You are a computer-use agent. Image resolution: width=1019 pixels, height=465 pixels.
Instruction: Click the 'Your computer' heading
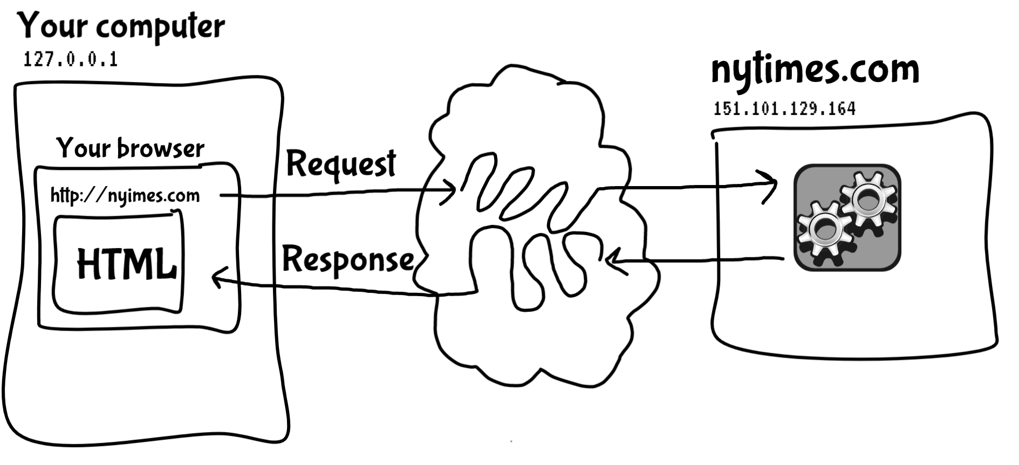[121, 26]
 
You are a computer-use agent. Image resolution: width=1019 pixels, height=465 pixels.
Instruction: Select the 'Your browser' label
[131, 148]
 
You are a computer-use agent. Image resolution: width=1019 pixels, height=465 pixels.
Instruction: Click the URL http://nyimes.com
[125, 195]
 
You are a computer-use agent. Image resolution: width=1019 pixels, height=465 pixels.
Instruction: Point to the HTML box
[119, 264]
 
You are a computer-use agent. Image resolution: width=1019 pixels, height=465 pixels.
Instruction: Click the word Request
[341, 163]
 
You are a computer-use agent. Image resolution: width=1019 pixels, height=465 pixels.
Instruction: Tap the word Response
[348, 259]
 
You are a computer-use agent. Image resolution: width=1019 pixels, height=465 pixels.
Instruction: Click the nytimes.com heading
[815, 70]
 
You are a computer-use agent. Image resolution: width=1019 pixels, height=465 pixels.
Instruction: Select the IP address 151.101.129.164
[784, 108]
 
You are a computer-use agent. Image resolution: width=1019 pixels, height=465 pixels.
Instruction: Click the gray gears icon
[847, 217]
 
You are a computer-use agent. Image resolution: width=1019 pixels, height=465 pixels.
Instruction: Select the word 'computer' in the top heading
[161, 27]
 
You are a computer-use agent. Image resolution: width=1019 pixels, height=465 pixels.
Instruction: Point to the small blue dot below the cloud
[511, 442]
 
